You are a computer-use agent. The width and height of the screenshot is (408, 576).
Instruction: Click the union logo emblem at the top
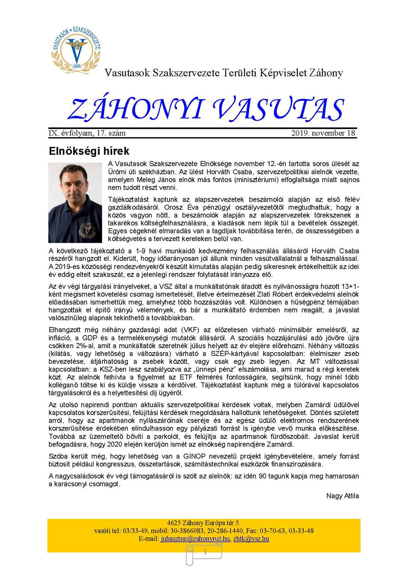(76, 48)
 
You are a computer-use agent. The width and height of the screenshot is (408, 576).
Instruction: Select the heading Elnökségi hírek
(89, 151)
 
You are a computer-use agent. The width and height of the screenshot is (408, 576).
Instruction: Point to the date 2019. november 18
(323, 133)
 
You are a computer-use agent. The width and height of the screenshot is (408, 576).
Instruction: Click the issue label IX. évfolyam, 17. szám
(87, 133)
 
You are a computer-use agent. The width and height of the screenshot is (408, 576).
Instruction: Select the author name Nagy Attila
(342, 496)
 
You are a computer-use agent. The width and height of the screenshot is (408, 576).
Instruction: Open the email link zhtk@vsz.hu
(251, 539)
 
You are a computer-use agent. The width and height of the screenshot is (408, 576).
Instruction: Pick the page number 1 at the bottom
(205, 552)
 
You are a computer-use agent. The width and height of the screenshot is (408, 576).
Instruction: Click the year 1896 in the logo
(77, 66)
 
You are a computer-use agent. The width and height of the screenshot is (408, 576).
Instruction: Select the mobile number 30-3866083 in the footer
(187, 531)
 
